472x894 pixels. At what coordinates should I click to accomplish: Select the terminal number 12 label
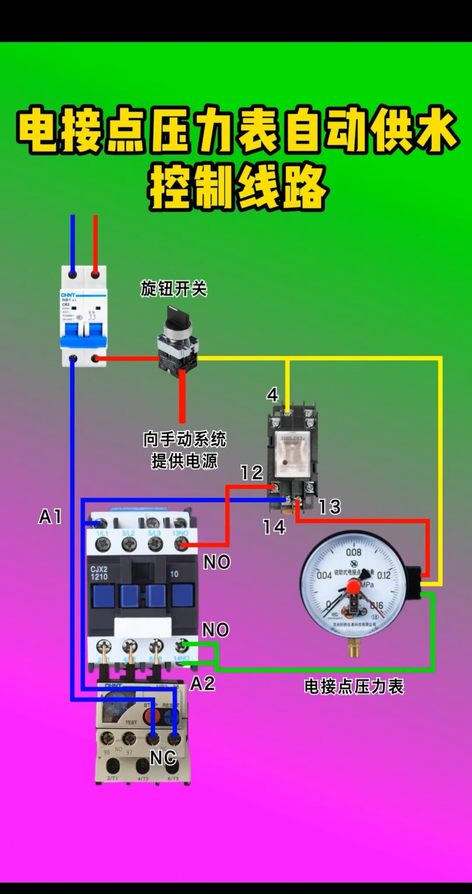(x=252, y=473)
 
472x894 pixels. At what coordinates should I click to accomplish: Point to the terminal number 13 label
(x=329, y=507)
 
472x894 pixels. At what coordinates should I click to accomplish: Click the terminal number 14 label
(x=274, y=527)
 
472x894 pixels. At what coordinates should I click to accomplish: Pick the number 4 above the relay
(x=273, y=395)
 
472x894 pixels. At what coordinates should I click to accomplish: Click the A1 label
(x=50, y=516)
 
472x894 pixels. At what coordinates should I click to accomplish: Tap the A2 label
(x=203, y=684)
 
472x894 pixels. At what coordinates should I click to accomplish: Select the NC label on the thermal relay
(x=163, y=757)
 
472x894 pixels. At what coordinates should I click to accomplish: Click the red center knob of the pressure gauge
(x=353, y=587)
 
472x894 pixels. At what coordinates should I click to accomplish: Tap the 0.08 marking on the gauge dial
(x=354, y=553)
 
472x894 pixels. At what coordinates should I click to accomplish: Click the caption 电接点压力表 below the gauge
(x=354, y=687)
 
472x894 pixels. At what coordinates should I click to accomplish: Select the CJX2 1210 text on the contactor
(x=99, y=573)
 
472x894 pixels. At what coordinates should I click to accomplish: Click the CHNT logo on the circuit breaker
(x=68, y=295)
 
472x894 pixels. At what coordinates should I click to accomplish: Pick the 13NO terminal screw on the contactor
(x=181, y=545)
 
